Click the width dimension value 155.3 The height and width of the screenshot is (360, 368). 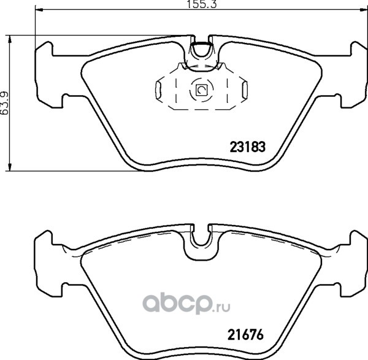click(201, 5)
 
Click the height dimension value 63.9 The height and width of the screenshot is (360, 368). click(5, 103)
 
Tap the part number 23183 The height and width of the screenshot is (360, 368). click(248, 147)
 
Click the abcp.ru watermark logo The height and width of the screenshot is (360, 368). click(186, 304)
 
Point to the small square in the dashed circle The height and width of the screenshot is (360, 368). click(201, 90)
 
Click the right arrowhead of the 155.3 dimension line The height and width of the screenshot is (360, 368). click(364, 10)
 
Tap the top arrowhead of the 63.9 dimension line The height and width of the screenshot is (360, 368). click(9, 39)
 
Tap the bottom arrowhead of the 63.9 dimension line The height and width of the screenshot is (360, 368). click(9, 167)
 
